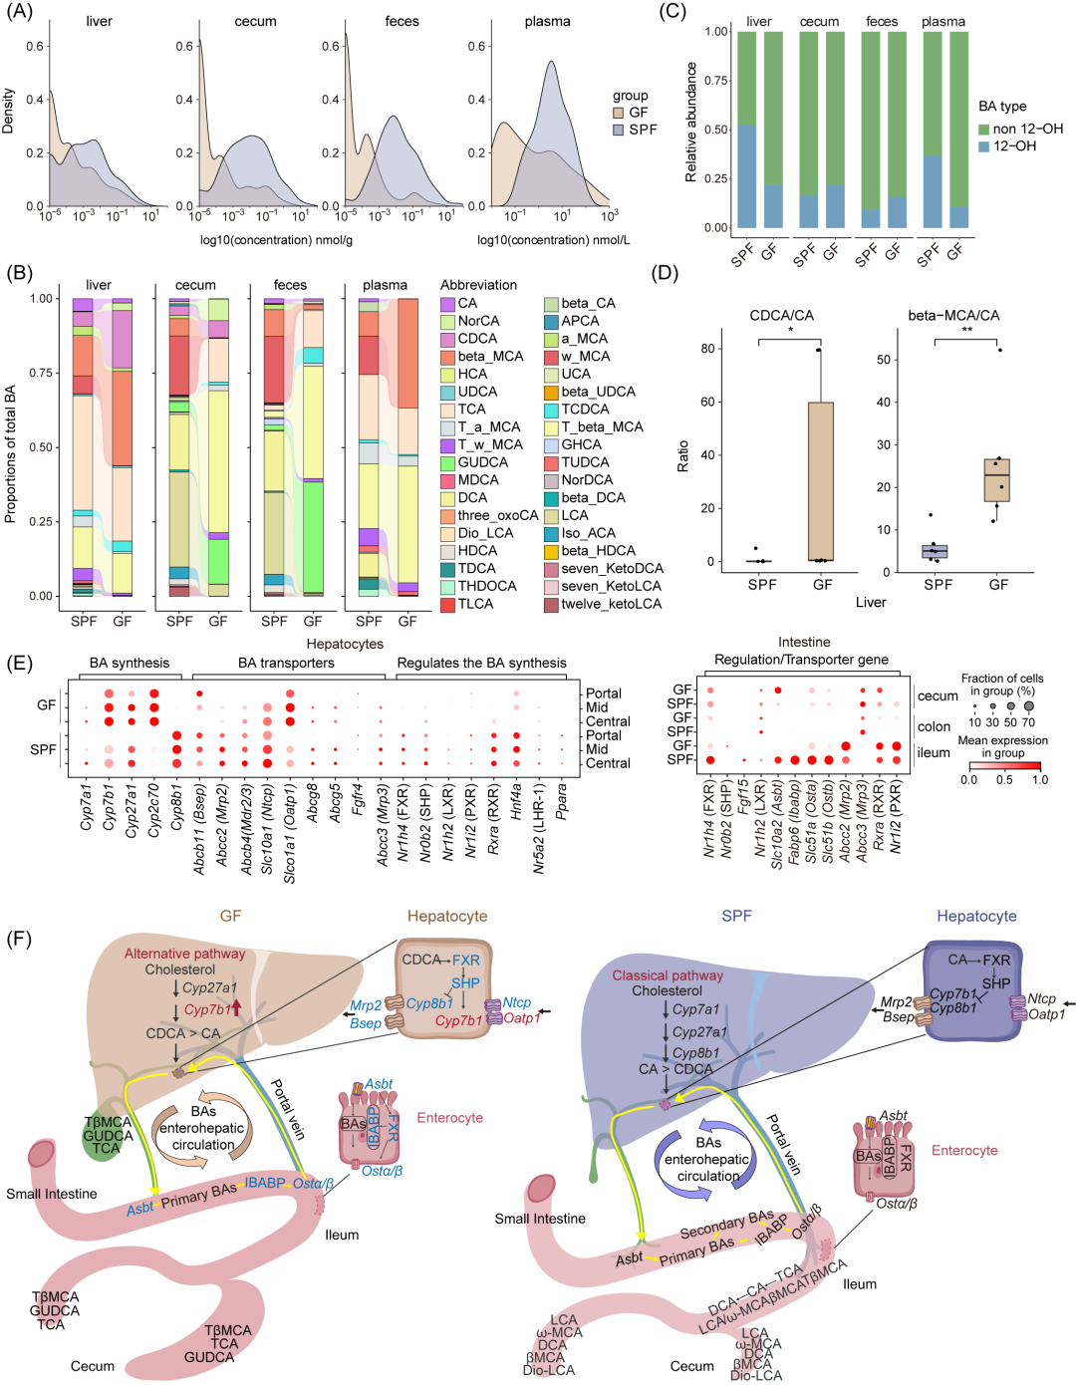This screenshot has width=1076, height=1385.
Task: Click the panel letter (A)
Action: click(19, 12)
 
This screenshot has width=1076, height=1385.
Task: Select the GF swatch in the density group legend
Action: click(619, 113)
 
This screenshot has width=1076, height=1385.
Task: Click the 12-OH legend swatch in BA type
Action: click(984, 146)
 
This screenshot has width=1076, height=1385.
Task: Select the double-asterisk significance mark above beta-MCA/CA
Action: click(966, 330)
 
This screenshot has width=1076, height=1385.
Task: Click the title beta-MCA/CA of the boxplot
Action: click(953, 315)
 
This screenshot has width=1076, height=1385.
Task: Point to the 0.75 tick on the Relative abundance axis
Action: click(716, 81)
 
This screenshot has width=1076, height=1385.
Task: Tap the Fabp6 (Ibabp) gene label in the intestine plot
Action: click(794, 818)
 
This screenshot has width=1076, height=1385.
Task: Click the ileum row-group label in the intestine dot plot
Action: click(934, 752)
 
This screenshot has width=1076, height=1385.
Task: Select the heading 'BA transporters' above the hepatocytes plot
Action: click(286, 663)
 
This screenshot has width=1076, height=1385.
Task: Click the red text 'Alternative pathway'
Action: click(184, 954)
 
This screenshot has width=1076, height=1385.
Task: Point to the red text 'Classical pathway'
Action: click(668, 975)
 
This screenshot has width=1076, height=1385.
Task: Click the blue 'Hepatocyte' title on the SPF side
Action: click(976, 916)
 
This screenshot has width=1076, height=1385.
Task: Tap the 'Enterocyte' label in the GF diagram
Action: click(449, 1118)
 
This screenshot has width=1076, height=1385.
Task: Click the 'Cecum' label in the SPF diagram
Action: click(691, 1366)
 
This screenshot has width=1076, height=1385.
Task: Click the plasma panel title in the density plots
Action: click(547, 21)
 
